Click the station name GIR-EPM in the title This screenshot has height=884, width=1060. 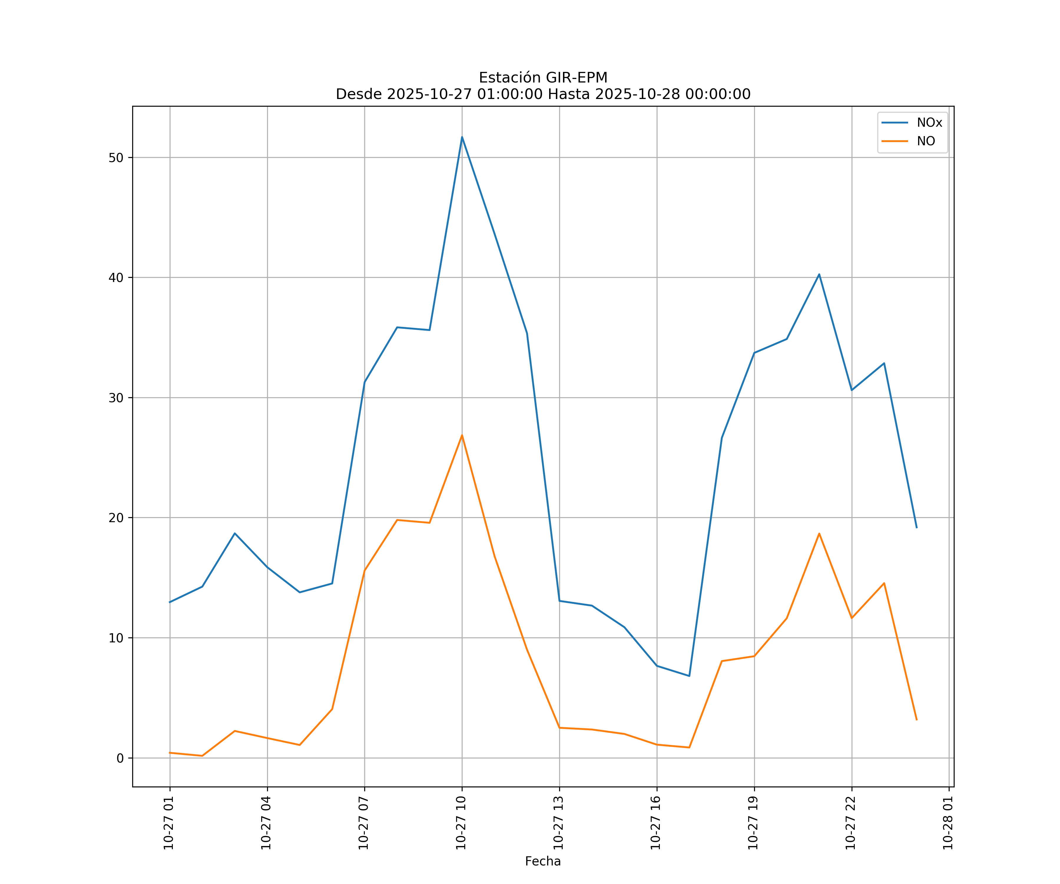pos(577,78)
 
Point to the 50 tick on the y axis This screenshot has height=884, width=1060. pos(116,158)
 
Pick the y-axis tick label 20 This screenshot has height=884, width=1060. pos(116,518)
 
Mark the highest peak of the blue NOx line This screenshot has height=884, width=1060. pos(462,137)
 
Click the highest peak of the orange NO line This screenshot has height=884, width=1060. pos(462,435)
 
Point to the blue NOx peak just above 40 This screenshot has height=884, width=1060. pos(819,274)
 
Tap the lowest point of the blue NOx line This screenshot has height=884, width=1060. pos(689,676)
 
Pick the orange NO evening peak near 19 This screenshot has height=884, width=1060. pos(819,533)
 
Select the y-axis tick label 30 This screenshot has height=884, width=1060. pos(116,398)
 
